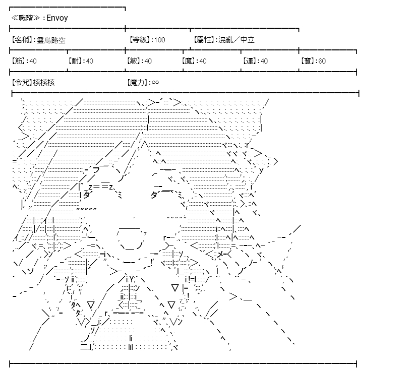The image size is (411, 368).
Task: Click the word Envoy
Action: click(x=57, y=18)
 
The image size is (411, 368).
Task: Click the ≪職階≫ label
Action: click(x=25, y=18)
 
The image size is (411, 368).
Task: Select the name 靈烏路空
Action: click(x=51, y=40)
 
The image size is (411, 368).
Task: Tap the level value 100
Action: click(x=160, y=40)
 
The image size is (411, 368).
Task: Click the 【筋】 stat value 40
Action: click(x=33, y=61)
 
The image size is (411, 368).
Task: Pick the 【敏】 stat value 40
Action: click(x=148, y=61)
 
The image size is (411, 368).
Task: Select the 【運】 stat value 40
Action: click(x=264, y=61)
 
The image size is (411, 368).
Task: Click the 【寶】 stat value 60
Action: click(x=322, y=61)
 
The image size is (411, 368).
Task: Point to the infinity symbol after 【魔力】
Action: click(x=155, y=82)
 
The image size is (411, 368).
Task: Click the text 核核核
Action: click(x=44, y=83)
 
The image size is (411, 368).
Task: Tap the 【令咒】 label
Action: click(x=22, y=83)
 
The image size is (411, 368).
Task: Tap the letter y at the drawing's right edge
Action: click(x=261, y=170)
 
